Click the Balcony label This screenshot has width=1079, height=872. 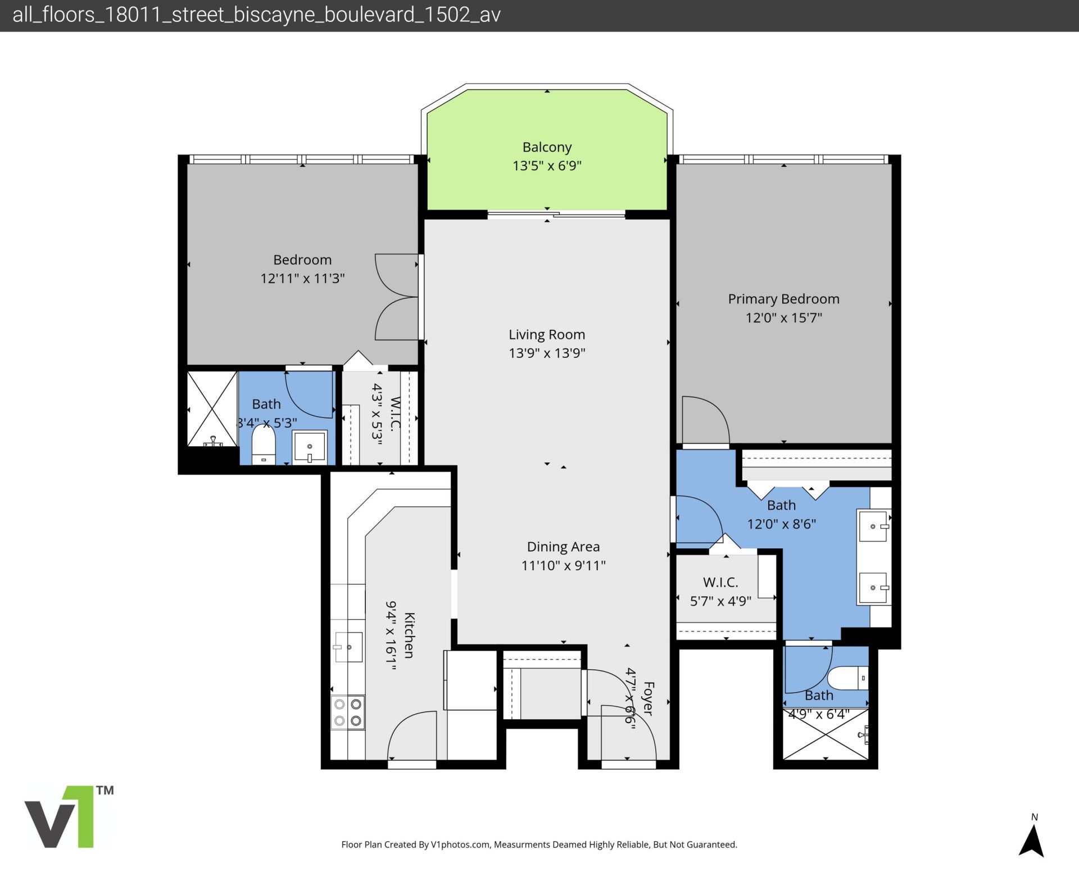click(547, 147)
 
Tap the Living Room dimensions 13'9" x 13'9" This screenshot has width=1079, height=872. click(547, 353)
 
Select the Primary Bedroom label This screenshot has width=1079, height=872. click(783, 299)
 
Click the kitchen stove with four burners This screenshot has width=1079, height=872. click(347, 712)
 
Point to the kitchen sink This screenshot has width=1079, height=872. click(348, 647)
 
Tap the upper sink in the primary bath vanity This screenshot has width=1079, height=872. click(873, 526)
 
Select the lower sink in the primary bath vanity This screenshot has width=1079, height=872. click(873, 588)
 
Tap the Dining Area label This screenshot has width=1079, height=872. click(563, 547)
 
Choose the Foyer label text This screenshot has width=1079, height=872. click(648, 698)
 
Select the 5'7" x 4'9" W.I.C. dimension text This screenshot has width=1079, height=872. click(720, 601)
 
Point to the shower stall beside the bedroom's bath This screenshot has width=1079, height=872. click(212, 408)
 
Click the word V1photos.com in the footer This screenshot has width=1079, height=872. click(460, 844)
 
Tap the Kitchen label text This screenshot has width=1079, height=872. click(409, 635)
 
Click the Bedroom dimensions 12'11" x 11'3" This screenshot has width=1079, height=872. click(302, 278)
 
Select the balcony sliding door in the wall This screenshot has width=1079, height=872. click(556, 214)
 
